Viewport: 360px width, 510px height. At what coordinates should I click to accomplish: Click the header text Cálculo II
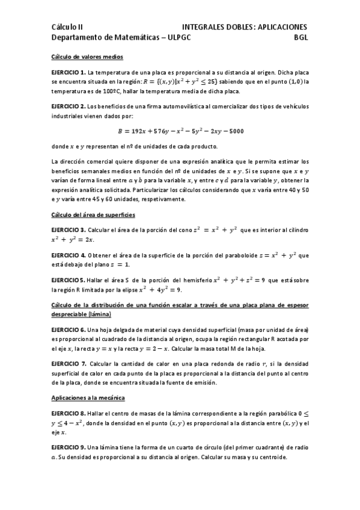(67, 27)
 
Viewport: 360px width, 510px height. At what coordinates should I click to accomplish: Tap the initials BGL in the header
(301, 37)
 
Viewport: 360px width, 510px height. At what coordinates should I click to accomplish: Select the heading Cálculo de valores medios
(87, 57)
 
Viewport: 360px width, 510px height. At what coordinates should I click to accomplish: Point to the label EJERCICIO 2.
(69, 106)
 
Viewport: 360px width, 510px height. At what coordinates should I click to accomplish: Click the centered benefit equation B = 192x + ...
(180, 131)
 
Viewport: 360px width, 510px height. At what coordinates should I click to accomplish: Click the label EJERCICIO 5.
(68, 280)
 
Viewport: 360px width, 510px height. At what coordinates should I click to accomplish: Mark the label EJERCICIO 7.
(69, 364)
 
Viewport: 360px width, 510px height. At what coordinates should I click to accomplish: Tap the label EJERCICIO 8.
(69, 414)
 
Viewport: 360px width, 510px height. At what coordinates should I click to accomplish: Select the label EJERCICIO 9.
(69, 447)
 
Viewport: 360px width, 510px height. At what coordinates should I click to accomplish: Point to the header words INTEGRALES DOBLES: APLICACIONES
(245, 27)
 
